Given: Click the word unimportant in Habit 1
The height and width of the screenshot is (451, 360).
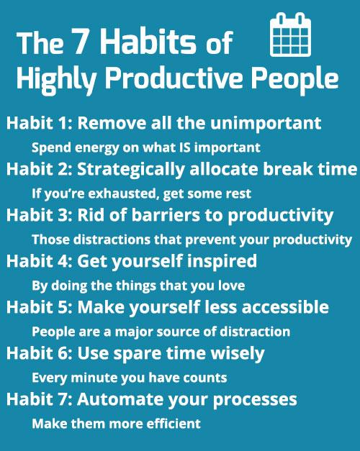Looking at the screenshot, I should [x=277, y=123].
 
